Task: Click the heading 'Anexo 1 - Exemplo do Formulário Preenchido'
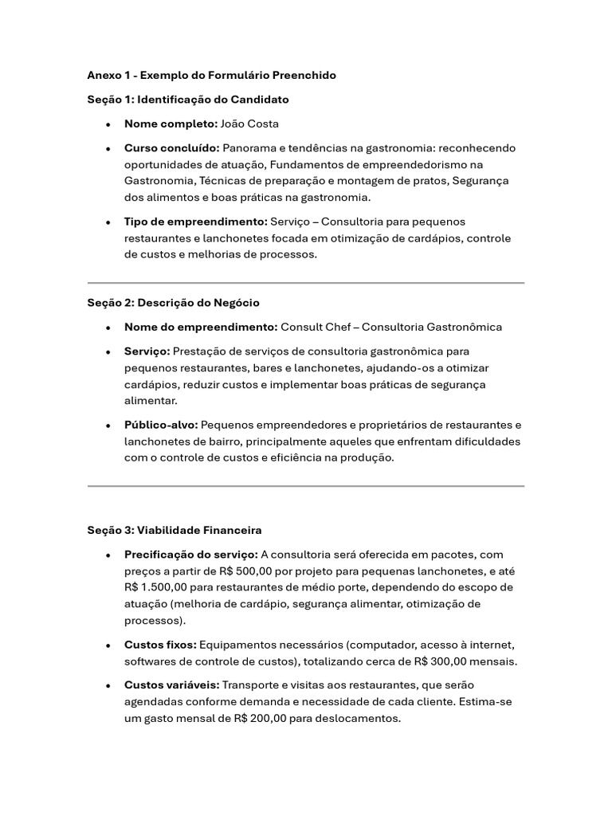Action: [211, 75]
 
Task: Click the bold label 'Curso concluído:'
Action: [171, 148]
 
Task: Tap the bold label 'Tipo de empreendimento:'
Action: [195, 222]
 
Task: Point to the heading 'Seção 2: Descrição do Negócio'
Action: [173, 303]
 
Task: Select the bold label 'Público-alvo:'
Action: [161, 425]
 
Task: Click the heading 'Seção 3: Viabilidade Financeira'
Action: [175, 530]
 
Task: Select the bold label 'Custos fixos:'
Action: [160, 645]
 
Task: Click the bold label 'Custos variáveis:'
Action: [171, 685]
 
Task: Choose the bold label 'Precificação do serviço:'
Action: [191, 555]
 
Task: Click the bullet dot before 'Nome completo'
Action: [108, 124]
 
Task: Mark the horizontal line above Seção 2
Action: [305, 283]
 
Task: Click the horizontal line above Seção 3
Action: [305, 485]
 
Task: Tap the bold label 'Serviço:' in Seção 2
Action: [147, 351]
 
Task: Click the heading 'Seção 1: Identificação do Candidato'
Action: [188, 100]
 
